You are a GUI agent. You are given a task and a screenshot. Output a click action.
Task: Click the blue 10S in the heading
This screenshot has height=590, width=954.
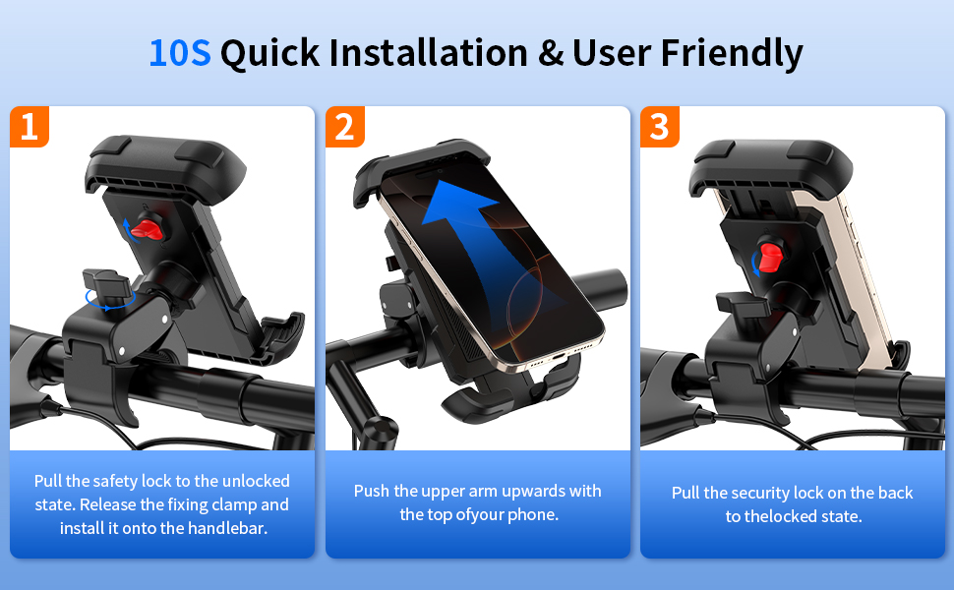pyautogui.click(x=180, y=53)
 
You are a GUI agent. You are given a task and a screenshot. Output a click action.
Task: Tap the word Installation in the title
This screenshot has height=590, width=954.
pyautogui.click(x=429, y=52)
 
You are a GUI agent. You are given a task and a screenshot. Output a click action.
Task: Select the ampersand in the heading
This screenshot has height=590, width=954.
pyautogui.click(x=551, y=53)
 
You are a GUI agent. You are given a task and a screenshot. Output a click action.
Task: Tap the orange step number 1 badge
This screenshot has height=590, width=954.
pyautogui.click(x=30, y=127)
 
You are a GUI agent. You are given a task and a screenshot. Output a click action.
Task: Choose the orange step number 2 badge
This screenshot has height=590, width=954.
pyautogui.click(x=345, y=127)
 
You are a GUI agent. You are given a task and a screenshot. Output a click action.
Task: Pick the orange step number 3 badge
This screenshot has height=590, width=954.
pyautogui.click(x=660, y=127)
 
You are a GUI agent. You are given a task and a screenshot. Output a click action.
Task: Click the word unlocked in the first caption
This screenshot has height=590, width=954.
pyautogui.click(x=256, y=481)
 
